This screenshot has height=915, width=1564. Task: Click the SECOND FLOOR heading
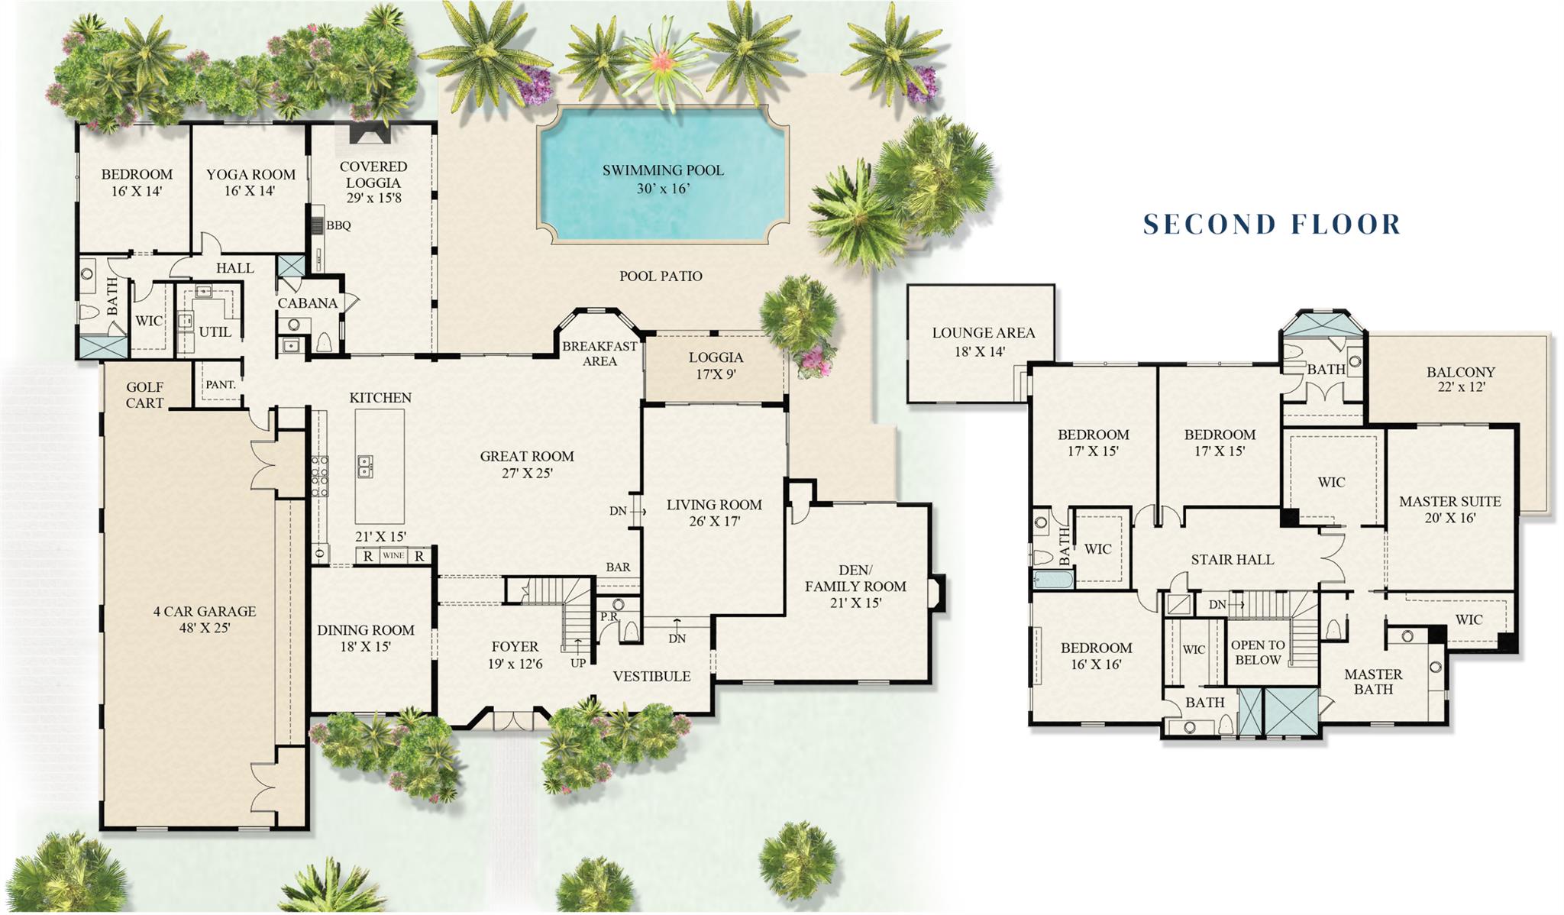(x=1272, y=224)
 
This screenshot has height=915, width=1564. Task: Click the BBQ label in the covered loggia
(x=338, y=225)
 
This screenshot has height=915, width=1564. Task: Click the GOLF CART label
(x=144, y=395)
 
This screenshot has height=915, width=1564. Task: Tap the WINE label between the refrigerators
(x=393, y=555)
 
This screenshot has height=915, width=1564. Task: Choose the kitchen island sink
(x=365, y=466)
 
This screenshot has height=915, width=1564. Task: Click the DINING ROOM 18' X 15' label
(x=365, y=638)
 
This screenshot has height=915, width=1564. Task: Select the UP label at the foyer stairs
(x=578, y=663)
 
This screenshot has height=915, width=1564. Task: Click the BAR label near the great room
(x=618, y=567)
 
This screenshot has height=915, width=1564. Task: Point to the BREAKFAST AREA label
(x=599, y=353)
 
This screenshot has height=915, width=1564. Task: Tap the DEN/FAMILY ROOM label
(x=855, y=586)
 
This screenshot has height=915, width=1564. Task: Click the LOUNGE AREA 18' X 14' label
(x=983, y=341)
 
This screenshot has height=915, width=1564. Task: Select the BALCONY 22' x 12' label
(x=1460, y=379)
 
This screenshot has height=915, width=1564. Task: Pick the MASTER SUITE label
(x=1449, y=509)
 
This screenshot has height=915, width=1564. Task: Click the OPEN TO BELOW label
(x=1257, y=652)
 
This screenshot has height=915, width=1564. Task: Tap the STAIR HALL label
(x=1232, y=559)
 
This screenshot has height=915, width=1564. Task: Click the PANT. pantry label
(x=220, y=384)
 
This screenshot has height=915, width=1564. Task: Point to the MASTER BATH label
(x=1373, y=681)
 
